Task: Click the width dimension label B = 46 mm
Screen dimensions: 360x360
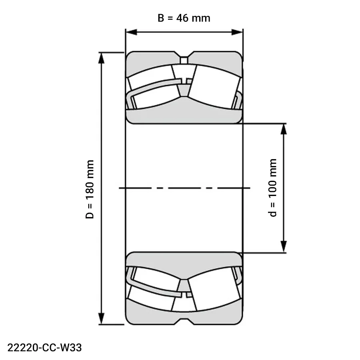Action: (x=184, y=18)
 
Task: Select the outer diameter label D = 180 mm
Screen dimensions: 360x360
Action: (x=90, y=189)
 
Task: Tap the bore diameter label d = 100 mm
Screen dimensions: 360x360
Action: (x=272, y=188)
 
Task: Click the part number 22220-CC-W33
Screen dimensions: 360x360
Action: (x=44, y=348)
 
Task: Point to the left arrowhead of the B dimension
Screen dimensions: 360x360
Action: (x=131, y=32)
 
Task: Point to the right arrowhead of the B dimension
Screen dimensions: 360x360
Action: (x=237, y=32)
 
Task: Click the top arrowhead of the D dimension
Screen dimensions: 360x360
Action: (x=101, y=58)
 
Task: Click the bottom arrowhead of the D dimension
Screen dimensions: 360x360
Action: (x=101, y=319)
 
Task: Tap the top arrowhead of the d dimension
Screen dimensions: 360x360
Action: (x=284, y=129)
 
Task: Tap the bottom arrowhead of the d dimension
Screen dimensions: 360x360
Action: (x=284, y=247)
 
